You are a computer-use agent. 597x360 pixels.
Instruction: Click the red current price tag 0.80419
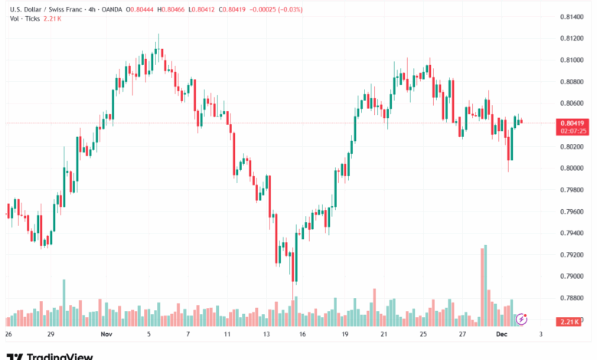573,123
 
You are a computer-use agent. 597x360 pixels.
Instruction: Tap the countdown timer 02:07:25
573,131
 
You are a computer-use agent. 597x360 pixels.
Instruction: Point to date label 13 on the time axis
267,335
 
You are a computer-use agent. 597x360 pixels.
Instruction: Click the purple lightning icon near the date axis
522,319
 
